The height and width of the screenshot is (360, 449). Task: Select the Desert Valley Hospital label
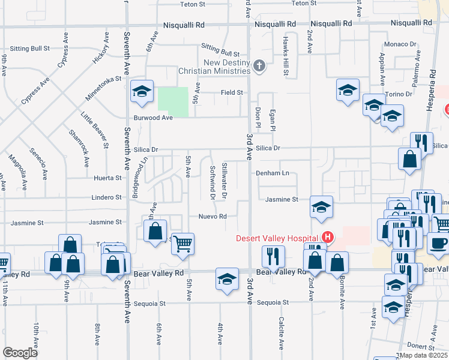(277, 237)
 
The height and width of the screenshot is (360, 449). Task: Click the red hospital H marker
(328, 237)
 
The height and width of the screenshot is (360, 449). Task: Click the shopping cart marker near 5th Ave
(182, 244)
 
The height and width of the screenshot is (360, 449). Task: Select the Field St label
(232, 92)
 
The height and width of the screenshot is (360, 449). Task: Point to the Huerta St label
(108, 178)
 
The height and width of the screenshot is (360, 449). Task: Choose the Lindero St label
(107, 197)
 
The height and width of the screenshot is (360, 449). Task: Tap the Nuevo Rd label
(214, 217)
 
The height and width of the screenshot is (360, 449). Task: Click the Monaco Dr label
(400, 44)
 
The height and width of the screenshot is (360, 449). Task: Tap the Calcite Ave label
(280, 334)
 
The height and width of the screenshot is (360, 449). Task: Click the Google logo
(20, 353)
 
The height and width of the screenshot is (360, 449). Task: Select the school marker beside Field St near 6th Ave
(142, 91)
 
